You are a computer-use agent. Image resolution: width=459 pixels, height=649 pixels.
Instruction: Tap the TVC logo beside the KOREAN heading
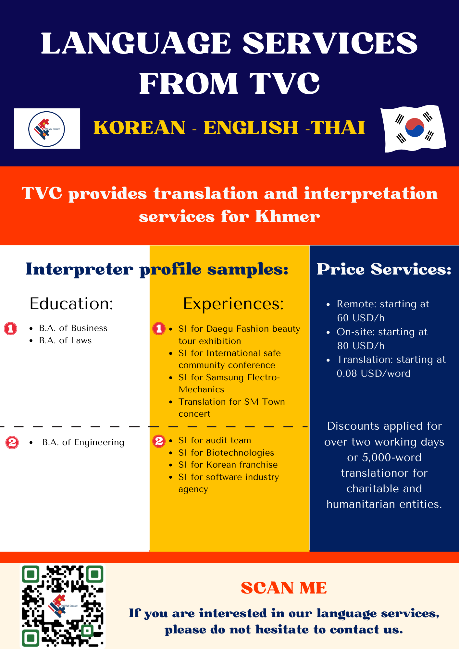coord(47,129)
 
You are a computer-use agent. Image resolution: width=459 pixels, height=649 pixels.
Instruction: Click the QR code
coord(63,606)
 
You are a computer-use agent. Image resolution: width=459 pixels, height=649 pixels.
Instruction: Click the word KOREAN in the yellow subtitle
coord(140,127)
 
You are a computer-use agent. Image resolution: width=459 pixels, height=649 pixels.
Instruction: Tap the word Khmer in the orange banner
coord(288,216)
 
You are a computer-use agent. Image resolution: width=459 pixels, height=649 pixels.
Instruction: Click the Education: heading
coord(71,304)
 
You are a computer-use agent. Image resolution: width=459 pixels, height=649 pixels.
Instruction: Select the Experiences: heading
coord(233,304)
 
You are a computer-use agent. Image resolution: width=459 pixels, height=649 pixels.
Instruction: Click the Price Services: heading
coord(384,269)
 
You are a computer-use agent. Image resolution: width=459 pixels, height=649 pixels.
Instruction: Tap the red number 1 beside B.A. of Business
coord(10,329)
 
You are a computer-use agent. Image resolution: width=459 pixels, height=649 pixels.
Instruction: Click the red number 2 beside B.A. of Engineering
coord(12,443)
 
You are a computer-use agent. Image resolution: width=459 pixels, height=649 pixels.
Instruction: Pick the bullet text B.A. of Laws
coord(65,340)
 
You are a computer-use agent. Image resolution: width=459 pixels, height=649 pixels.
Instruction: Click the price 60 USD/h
coord(361,318)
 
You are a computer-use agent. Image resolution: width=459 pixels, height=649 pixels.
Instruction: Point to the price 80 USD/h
coord(361,346)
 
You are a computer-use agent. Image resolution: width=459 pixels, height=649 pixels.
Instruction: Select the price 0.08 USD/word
coord(374,373)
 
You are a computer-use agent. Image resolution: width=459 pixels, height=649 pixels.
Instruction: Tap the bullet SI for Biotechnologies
coord(226,453)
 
